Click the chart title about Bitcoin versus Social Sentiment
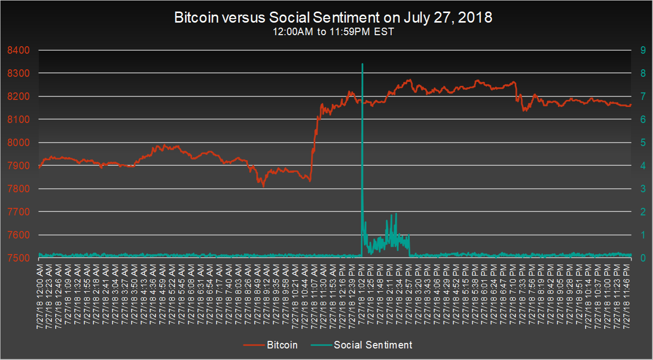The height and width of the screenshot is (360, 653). pos(333,18)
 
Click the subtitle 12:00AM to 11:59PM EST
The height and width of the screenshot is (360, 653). pos(333,31)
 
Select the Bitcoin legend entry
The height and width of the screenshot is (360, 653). pos(282,345)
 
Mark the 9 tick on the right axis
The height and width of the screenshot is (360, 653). pos(639,50)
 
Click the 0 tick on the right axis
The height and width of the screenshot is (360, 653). pos(639,258)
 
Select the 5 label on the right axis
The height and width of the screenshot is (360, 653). pos(639,143)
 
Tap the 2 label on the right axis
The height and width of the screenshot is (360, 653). pos(639,212)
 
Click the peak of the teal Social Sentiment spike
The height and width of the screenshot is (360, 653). pos(362,64)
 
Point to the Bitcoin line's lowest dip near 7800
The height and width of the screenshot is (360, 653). pos(263,186)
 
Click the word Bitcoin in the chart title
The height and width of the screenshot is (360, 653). pos(193,18)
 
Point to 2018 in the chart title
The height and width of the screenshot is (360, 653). pos(477,18)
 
